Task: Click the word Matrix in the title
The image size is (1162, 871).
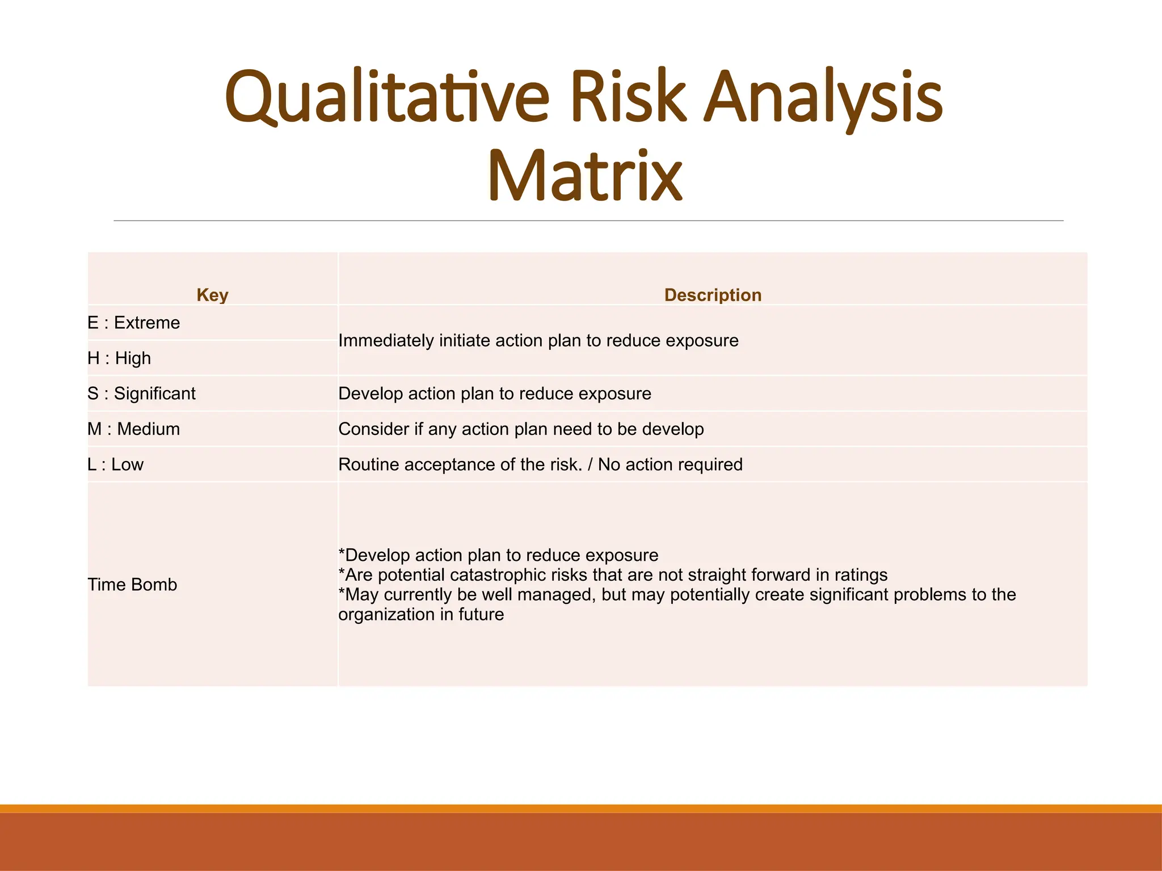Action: pyautogui.click(x=585, y=176)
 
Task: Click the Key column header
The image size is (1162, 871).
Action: pyautogui.click(x=212, y=295)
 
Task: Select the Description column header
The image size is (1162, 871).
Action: pyautogui.click(x=713, y=295)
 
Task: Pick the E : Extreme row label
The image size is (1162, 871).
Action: pyautogui.click(x=134, y=323)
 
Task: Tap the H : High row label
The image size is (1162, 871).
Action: pyautogui.click(x=119, y=358)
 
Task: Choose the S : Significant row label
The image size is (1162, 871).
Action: pyautogui.click(x=141, y=394)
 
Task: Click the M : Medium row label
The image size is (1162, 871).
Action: pyautogui.click(x=134, y=429)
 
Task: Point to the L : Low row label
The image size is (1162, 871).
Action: pyautogui.click(x=116, y=464)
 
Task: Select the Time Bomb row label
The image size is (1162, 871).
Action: pyautogui.click(x=132, y=585)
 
